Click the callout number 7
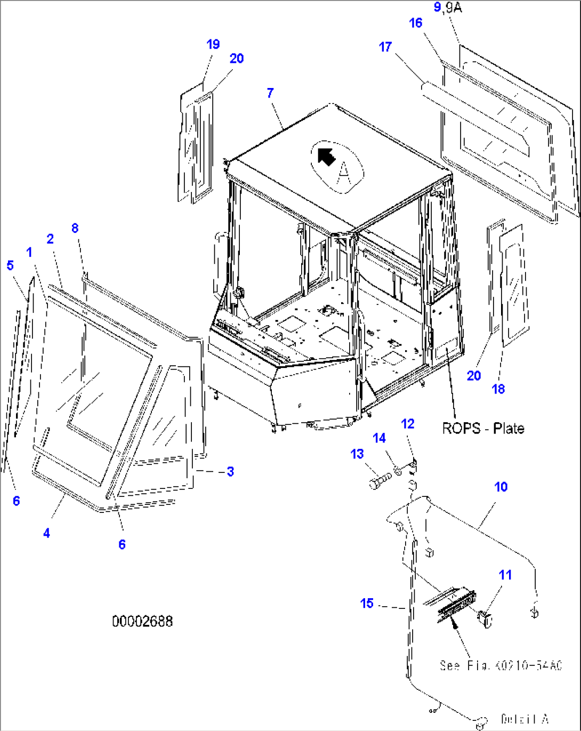(270, 93)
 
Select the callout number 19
(213, 44)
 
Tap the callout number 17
(385, 47)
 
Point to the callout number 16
(416, 23)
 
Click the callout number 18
(498, 389)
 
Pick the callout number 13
(357, 454)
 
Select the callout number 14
(379, 438)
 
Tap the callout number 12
(408, 424)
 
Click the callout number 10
(501, 487)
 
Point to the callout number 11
(505, 575)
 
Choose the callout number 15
(367, 603)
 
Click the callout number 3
(230, 471)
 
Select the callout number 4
(47, 533)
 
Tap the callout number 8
(75, 228)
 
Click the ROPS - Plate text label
(483, 428)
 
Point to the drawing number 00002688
(142, 621)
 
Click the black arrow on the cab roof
(326, 157)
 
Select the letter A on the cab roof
(344, 171)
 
